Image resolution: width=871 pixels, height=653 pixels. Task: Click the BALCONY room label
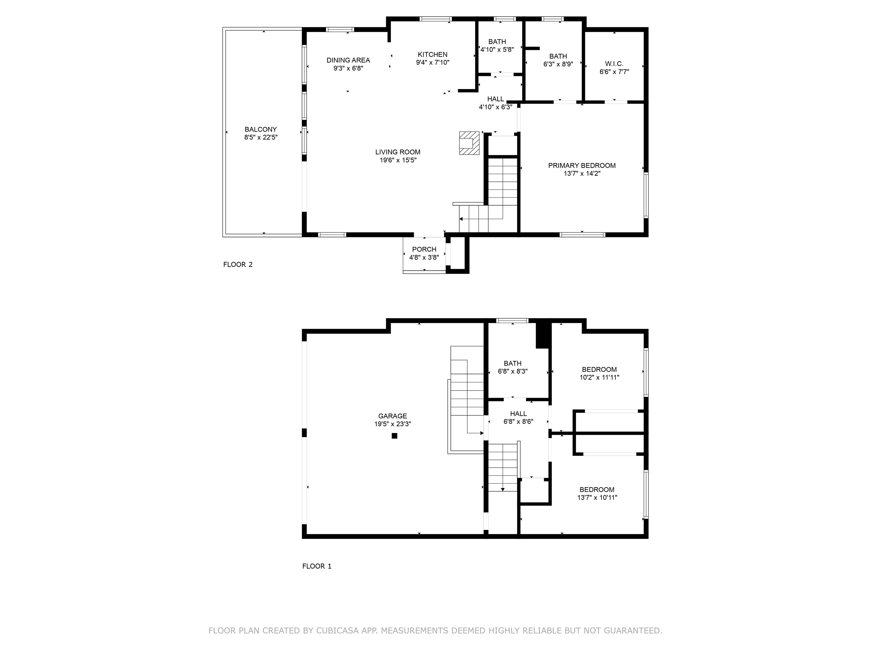[x=260, y=130]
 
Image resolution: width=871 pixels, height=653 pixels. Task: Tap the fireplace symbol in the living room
[x=469, y=143]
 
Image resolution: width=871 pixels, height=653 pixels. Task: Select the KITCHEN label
[x=432, y=55]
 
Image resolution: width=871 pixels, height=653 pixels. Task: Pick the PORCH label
[x=424, y=249]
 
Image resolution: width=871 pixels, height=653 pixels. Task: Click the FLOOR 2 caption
[x=238, y=264]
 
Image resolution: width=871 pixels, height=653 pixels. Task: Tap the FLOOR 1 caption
[x=317, y=566]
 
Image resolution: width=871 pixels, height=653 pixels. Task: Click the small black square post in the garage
[x=395, y=436]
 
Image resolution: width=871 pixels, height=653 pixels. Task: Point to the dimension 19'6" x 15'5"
[x=398, y=160]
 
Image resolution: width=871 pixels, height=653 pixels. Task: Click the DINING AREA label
[x=348, y=60]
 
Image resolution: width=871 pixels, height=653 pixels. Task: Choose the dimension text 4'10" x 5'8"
[x=497, y=50]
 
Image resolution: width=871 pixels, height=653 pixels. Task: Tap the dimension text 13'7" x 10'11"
[x=597, y=497]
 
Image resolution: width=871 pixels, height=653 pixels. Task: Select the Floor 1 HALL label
[x=518, y=414]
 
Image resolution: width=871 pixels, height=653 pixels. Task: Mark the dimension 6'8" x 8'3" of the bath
[x=513, y=371]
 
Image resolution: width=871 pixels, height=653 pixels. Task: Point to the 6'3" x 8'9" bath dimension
[x=558, y=64]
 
